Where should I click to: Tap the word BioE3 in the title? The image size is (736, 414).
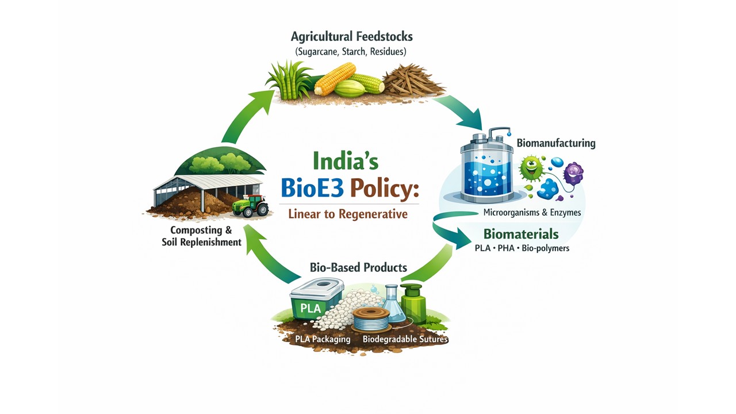point(312,189)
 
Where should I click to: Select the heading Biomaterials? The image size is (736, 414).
point(521,234)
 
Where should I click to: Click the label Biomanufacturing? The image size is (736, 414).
point(555,142)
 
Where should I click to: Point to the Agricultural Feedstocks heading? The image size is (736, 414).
point(352,37)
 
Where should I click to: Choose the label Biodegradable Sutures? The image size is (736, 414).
point(405,339)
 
